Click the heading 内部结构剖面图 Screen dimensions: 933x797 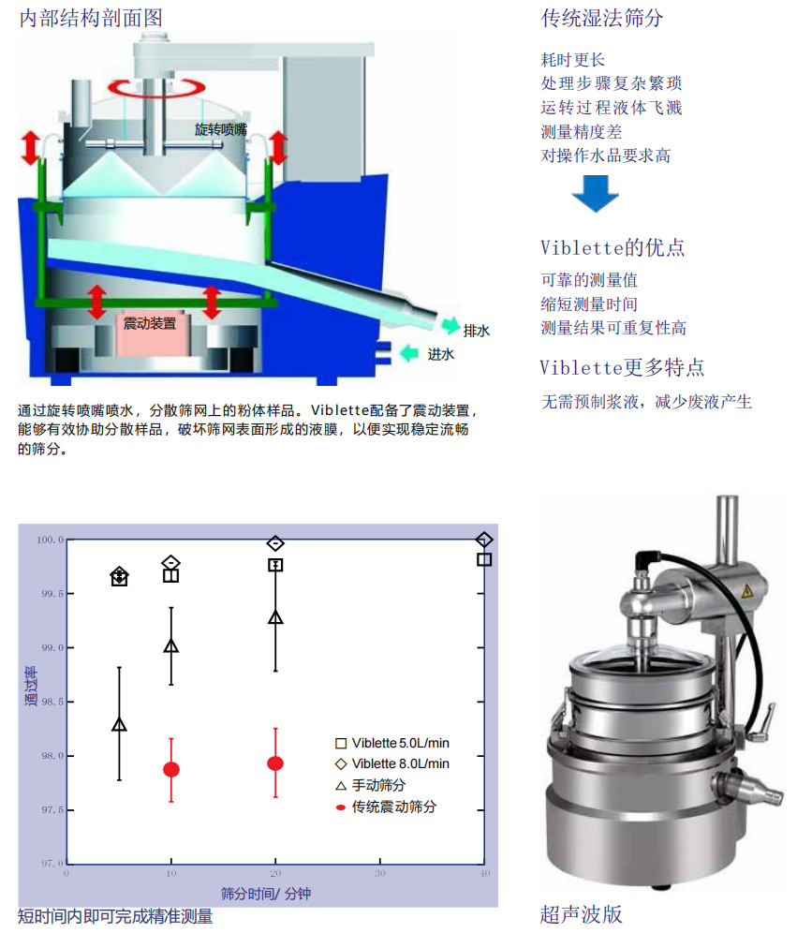(x=91, y=18)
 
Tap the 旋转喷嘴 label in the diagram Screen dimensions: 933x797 (x=221, y=128)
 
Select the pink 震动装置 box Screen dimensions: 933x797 (x=150, y=324)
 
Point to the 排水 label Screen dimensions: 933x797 (x=477, y=330)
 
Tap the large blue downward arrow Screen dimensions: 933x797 (x=596, y=192)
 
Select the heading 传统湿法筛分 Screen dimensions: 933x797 (x=602, y=18)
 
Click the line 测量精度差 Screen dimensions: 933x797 (x=581, y=132)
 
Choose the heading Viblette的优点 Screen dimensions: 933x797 (x=613, y=247)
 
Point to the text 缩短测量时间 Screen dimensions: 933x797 (x=589, y=304)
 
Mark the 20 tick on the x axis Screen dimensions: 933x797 (x=275, y=872)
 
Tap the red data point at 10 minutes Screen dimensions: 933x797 (x=171, y=769)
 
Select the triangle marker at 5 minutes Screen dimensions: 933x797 (x=119, y=724)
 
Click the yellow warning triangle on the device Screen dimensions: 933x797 (x=747, y=592)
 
